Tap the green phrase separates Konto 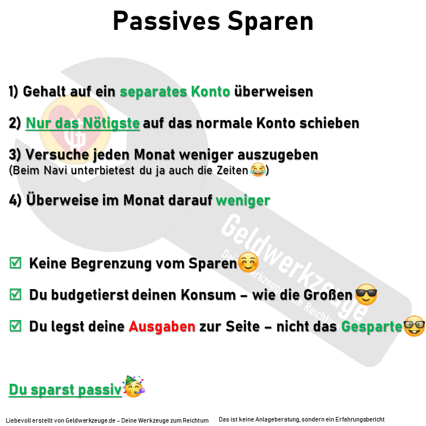click(175, 91)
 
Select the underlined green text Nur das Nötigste click(83, 123)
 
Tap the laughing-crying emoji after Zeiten click(257, 168)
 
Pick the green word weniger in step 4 click(243, 201)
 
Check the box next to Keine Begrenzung click(16, 263)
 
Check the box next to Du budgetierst click(16, 294)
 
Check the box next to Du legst click(16, 326)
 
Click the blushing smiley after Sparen click(248, 263)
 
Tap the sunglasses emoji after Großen click(366, 295)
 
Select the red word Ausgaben click(162, 326)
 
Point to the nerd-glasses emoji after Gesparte click(414, 326)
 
